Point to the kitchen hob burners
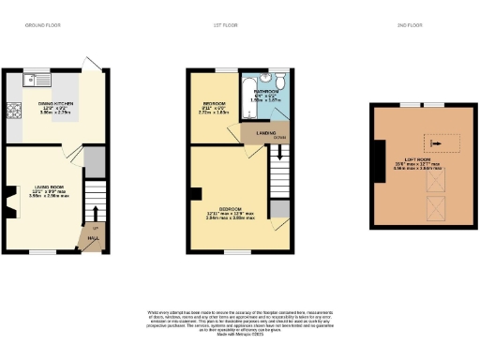13,112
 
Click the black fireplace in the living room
8,200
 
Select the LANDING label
254,134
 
